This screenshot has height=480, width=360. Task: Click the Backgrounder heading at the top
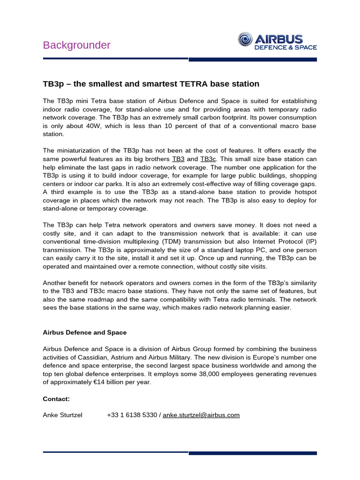point(77,45)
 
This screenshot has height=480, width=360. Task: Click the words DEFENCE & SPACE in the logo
point(285,47)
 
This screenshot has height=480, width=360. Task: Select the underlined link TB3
point(178,159)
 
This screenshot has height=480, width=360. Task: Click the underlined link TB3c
point(208,159)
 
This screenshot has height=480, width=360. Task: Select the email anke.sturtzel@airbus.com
point(201,415)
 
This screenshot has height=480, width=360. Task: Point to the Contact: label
point(56,398)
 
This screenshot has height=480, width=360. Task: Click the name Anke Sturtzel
point(62,415)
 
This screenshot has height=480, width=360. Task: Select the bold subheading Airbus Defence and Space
point(85,332)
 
